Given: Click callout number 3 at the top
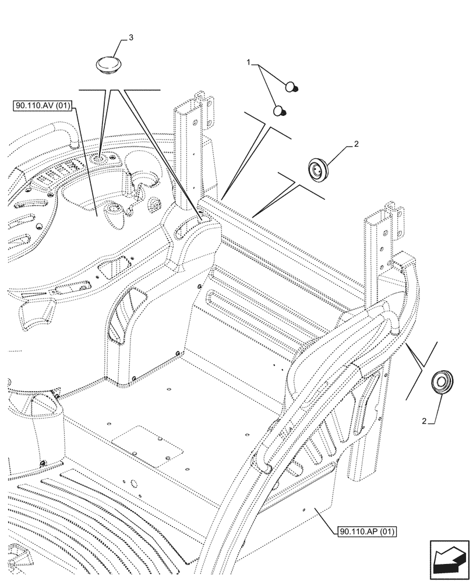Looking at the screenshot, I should (131, 37).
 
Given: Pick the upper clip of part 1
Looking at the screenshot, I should (292, 88).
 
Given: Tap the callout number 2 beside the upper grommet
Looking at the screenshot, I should (356, 144).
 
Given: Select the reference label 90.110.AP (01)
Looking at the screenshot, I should (366, 531).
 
